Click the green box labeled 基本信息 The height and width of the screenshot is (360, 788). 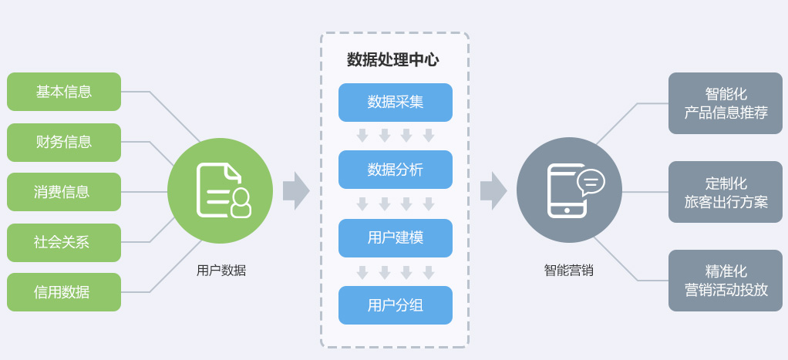[x=64, y=92]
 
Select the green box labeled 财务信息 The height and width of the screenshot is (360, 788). [x=64, y=143]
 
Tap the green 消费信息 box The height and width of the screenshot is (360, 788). [x=64, y=192]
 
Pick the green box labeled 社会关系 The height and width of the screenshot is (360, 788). [x=64, y=242]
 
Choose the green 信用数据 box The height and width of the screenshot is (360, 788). [x=64, y=292]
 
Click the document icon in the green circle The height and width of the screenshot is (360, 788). [x=223, y=190]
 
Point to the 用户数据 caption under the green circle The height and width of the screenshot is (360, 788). [x=221, y=271]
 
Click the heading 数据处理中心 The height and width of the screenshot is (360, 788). [x=392, y=60]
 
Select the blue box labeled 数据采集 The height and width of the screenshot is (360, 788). [x=396, y=103]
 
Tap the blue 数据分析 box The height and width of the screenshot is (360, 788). [x=396, y=170]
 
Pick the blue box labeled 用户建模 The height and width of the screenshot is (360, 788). [x=396, y=238]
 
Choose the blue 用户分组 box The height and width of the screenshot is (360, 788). [x=396, y=305]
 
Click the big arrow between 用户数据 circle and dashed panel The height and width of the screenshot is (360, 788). [x=296, y=191]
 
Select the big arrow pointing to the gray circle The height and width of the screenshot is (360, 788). [x=493, y=191]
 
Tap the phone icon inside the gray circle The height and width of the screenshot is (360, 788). [x=568, y=191]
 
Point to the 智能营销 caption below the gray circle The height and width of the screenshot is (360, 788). [x=569, y=271]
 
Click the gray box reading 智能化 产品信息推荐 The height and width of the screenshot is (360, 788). [x=726, y=103]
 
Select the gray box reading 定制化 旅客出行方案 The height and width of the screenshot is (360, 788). [x=726, y=192]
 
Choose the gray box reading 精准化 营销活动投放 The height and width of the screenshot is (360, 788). [x=726, y=281]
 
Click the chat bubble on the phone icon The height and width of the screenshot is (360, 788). [x=591, y=181]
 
